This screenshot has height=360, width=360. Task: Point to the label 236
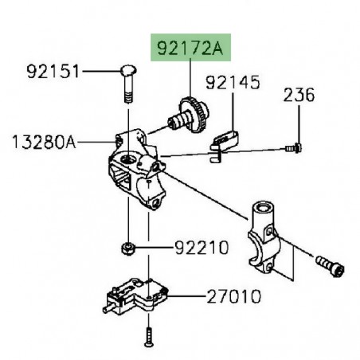click(x=299, y=96)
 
